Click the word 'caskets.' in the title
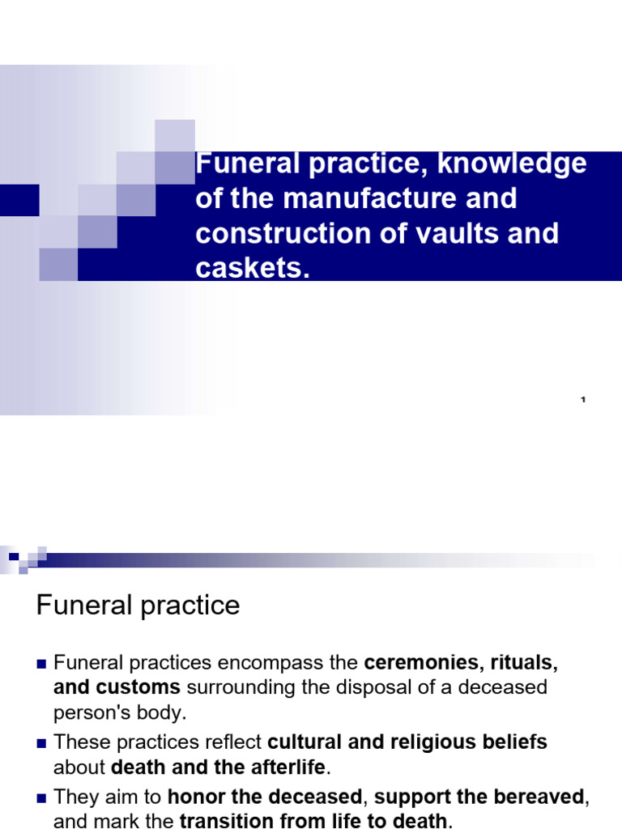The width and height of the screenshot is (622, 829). (x=253, y=269)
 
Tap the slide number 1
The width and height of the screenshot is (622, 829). (x=583, y=400)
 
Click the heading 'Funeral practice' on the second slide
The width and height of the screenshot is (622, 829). (x=138, y=606)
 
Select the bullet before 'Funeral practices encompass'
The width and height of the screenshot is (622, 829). (x=42, y=664)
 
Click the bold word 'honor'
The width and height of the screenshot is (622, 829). (x=197, y=797)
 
